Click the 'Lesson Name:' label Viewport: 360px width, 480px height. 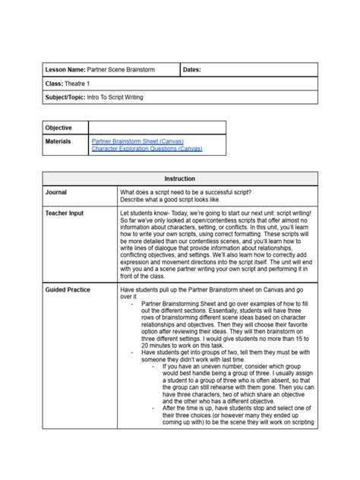[x=65, y=70]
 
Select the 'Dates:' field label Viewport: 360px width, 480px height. [x=194, y=70]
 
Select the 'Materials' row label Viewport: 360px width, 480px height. [x=58, y=141]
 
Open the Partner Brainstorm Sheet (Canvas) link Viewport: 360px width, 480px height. [x=136, y=141]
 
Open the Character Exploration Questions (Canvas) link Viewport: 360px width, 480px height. [x=146, y=149]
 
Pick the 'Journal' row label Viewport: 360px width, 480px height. [x=57, y=192]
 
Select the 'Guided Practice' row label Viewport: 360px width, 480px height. [x=68, y=289]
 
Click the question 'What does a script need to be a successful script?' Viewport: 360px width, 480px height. [x=186, y=192]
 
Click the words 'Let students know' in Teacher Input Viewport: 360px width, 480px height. [x=142, y=213]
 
